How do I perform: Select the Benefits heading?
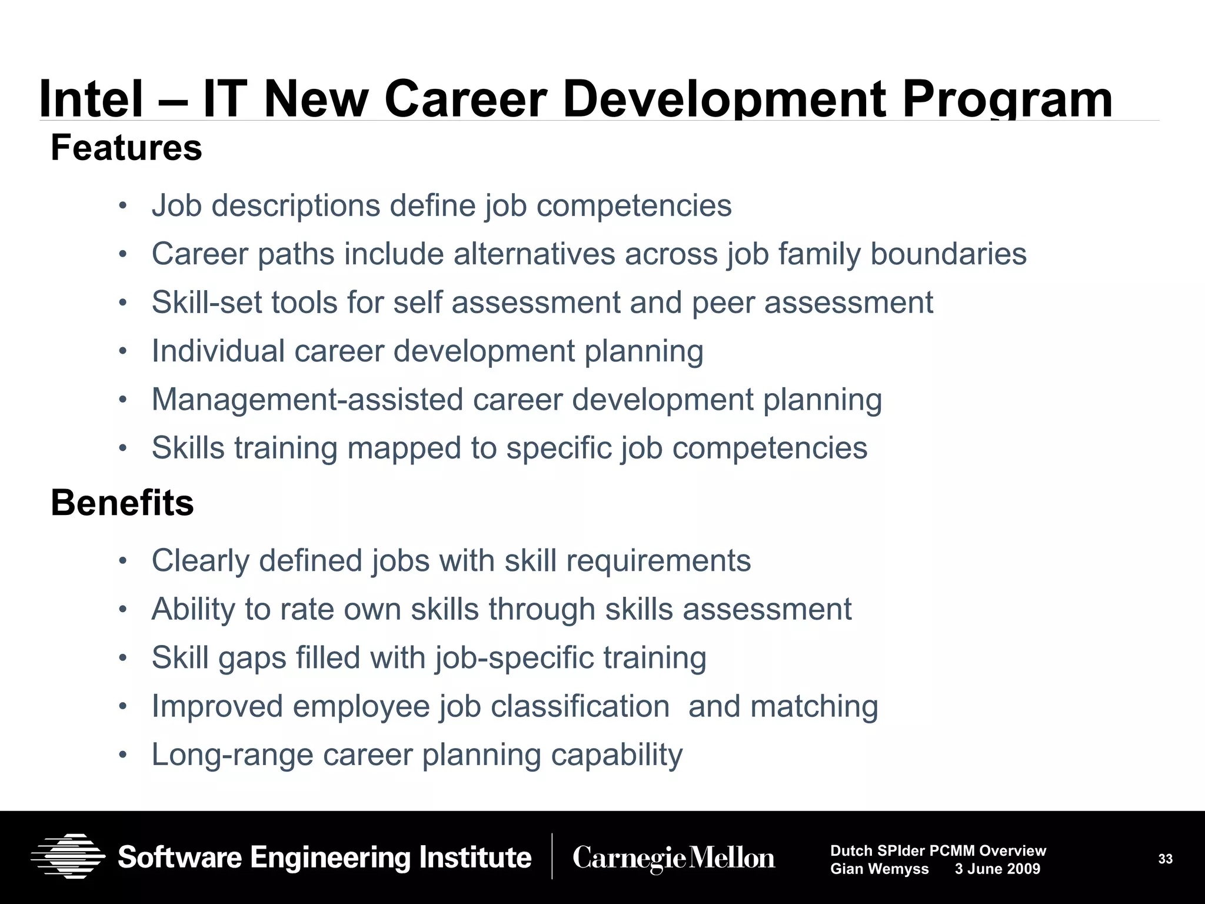pos(122,503)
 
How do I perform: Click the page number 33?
pos(1166,859)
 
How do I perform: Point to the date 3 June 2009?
pos(997,869)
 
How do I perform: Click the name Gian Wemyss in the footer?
pos(879,869)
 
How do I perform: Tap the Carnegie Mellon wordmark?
pos(674,858)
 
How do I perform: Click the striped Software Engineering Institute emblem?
pos(68,856)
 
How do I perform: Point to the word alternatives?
pos(534,254)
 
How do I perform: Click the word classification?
pos(580,706)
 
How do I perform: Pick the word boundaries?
pos(948,254)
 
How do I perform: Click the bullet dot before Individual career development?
pos(122,351)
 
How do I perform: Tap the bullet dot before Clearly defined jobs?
pos(122,560)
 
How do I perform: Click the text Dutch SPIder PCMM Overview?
pos(938,850)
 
